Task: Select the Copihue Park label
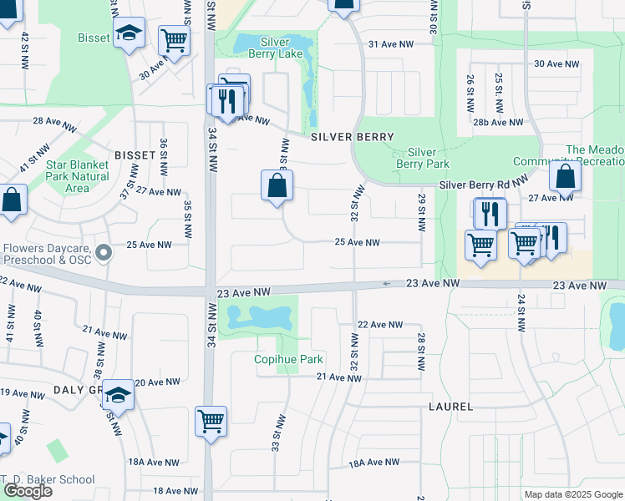(287, 360)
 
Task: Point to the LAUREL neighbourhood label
(450, 407)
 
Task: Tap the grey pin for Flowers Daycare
(103, 252)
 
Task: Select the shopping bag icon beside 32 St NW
(277, 185)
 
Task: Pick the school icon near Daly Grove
(118, 395)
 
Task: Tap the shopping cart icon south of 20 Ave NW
(211, 420)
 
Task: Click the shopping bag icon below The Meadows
(566, 177)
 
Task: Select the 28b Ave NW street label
(497, 122)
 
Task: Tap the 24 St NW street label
(521, 313)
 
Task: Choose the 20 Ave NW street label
(159, 382)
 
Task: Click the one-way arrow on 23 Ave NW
(387, 284)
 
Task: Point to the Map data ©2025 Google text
(572, 494)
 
